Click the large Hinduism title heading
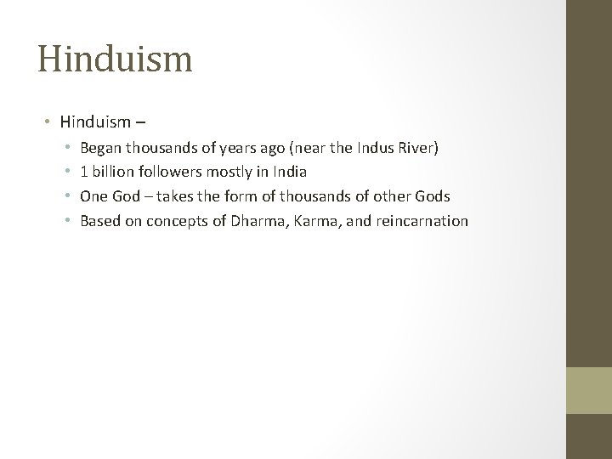[x=115, y=59]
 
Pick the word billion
[x=110, y=172]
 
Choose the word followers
[x=168, y=172]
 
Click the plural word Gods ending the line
[x=432, y=196]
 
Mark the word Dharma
[x=256, y=221]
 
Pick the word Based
[x=99, y=221]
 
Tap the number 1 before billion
[x=83, y=172]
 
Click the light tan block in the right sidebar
[x=590, y=390]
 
